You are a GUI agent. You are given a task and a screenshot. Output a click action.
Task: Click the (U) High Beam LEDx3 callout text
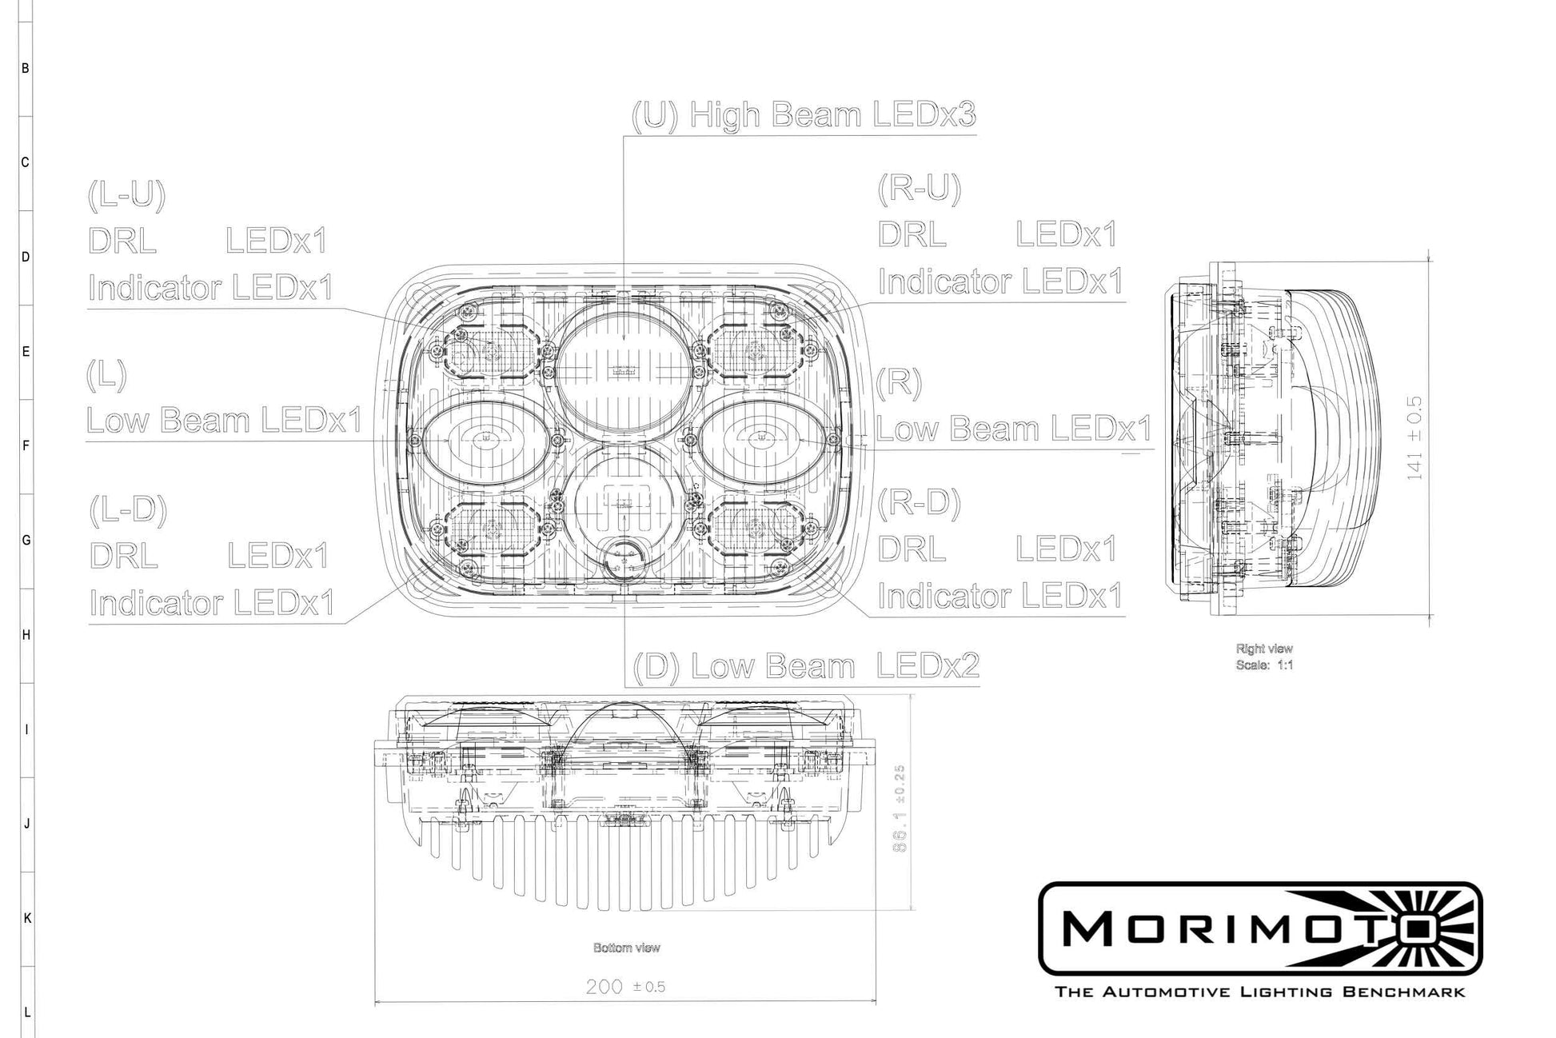804,115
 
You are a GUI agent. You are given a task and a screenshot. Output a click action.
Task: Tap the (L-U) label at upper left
126,194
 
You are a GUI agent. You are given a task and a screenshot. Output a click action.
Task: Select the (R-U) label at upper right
919,189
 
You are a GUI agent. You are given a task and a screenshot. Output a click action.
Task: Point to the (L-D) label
128,509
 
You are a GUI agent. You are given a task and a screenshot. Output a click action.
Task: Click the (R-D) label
919,502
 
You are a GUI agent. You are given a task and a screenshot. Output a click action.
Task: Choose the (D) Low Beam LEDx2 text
806,666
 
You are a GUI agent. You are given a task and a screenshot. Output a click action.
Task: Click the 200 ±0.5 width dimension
625,986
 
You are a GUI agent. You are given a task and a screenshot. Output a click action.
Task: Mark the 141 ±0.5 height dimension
1414,438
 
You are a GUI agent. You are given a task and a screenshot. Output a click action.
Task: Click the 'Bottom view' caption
627,948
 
